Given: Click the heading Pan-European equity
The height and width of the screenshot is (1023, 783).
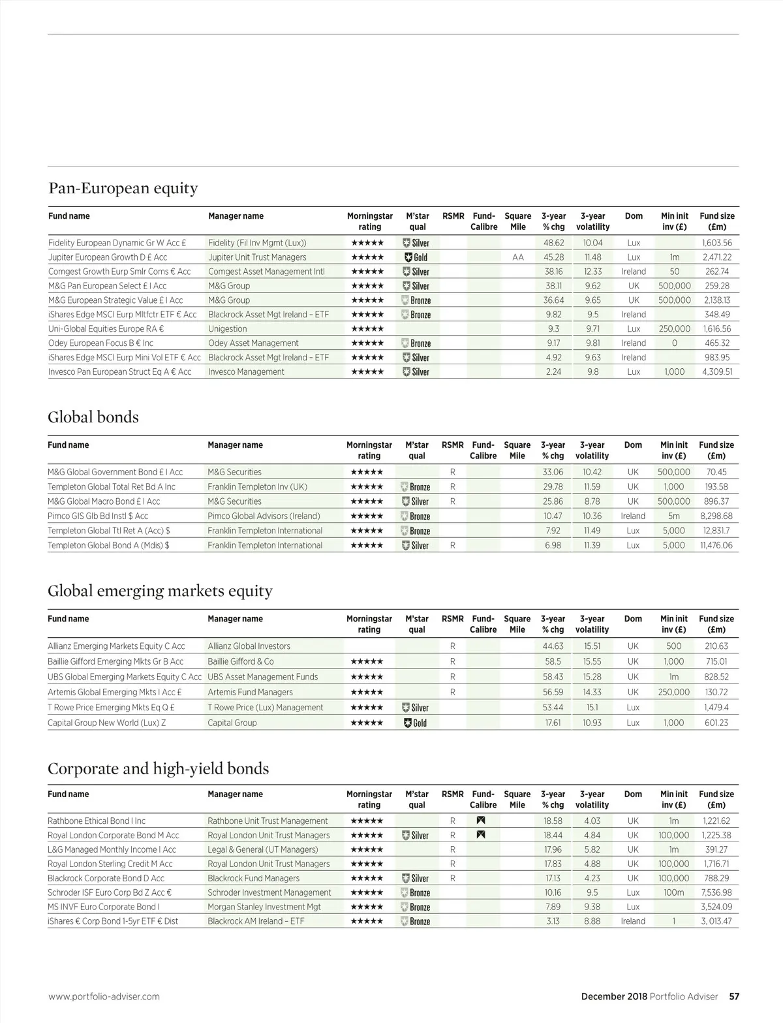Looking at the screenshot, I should coord(123,189).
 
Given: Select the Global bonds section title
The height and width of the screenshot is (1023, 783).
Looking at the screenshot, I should coord(93,417).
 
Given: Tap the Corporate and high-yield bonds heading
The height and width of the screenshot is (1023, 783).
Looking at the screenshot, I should coord(158,768).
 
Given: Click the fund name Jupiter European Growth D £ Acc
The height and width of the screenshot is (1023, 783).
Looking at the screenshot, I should coord(108,257).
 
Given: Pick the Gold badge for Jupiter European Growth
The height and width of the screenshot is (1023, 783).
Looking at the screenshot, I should coord(416,257).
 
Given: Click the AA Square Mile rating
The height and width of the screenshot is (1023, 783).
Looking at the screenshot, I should coord(518,257).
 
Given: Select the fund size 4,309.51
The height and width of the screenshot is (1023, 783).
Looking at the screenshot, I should coord(717,371).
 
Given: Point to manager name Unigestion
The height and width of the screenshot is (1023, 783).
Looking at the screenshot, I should coord(228,329).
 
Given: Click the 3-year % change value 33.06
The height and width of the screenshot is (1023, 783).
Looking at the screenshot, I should coord(553,472).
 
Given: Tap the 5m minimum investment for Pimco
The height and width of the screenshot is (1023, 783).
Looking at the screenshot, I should coord(674,516).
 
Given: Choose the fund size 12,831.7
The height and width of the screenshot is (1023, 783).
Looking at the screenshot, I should coord(716,531).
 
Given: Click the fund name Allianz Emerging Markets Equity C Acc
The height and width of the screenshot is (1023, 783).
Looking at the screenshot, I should coord(116,646).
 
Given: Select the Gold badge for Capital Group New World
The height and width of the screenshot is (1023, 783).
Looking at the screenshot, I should coord(416,723).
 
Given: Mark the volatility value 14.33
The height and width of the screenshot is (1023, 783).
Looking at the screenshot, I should coord(592,692).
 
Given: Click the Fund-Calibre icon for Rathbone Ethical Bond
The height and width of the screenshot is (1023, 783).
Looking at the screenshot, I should coord(481,821).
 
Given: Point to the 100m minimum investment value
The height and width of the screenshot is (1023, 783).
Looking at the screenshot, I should coord(674,892).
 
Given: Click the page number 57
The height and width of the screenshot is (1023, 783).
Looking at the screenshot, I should coord(734,996).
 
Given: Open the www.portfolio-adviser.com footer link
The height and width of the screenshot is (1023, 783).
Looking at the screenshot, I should coord(104,996).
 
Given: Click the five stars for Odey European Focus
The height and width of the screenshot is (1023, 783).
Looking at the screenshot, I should coord(367,343).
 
